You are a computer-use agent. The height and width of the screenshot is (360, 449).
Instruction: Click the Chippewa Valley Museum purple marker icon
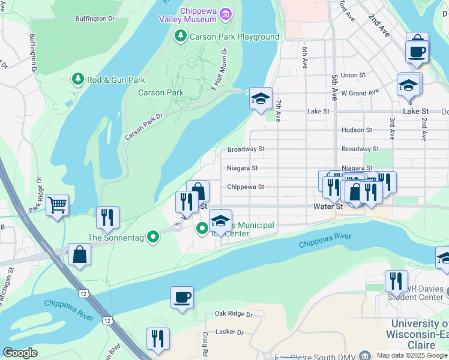[x=225, y=13]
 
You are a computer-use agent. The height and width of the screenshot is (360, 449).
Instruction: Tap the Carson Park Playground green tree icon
[x=179, y=37]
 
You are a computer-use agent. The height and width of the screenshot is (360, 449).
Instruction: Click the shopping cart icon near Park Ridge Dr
[x=57, y=205]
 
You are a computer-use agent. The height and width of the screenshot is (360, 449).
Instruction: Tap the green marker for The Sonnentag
[x=153, y=237]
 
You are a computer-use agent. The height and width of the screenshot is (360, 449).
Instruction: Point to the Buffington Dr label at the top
[x=95, y=19]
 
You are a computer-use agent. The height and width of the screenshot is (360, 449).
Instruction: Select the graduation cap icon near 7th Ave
[x=261, y=98]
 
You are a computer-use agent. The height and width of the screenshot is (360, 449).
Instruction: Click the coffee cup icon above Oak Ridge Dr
[x=182, y=298]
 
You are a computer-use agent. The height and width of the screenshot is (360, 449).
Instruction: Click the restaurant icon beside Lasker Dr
[x=158, y=338]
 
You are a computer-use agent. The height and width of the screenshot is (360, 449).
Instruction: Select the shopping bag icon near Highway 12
[x=80, y=255]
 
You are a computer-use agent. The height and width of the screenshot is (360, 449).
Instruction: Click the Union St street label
[x=353, y=76]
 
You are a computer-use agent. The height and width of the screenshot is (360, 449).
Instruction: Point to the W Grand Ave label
[x=360, y=92]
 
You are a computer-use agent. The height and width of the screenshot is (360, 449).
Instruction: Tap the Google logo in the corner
[x=20, y=353]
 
